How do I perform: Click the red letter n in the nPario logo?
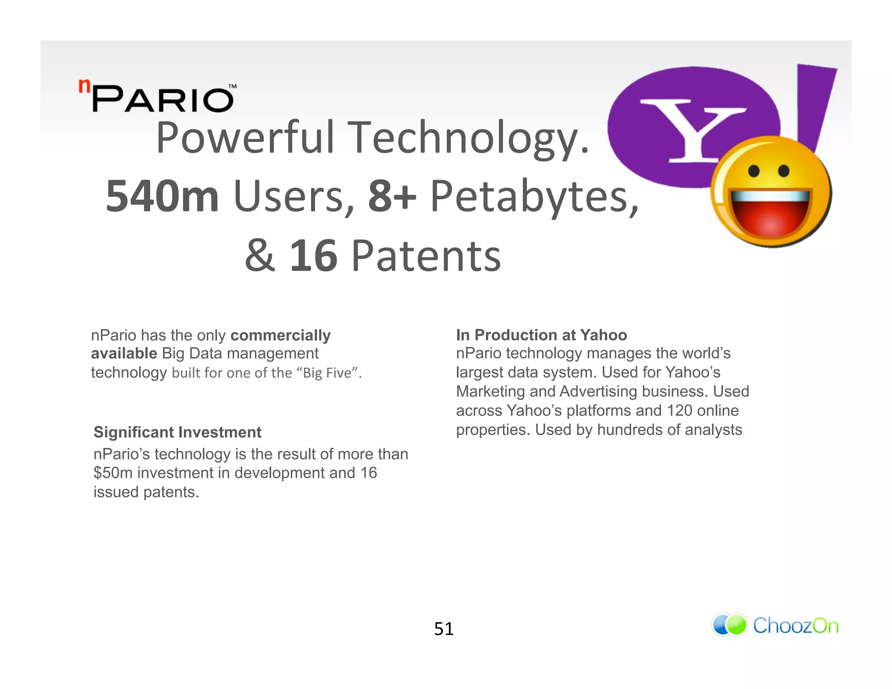(84, 86)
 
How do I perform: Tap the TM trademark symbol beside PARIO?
(233, 86)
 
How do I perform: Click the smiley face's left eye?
(754, 171)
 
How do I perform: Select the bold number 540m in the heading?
(162, 196)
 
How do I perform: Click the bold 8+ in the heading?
(392, 196)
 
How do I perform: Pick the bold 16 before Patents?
(314, 256)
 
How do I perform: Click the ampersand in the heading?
(260, 256)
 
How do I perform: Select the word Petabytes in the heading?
(534, 196)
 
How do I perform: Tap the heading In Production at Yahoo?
(541, 335)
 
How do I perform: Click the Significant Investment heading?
(177, 432)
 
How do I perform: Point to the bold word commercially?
(280, 335)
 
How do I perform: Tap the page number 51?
(444, 629)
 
